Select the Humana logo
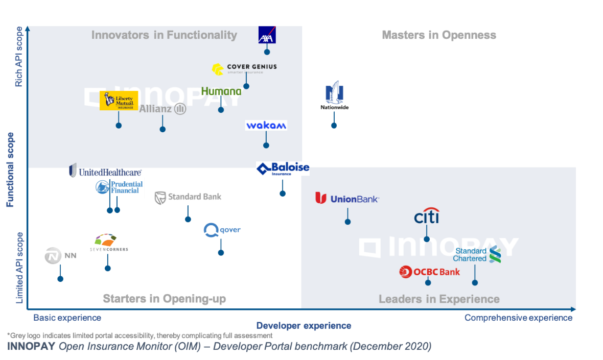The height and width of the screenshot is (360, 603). tap(221, 91)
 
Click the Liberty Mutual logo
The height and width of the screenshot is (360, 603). tap(119, 101)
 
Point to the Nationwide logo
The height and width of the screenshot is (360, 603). tap(334, 95)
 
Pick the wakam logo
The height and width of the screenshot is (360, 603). tap(266, 126)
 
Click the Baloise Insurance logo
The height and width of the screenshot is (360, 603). tap(283, 169)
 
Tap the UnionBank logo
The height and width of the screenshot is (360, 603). tap(347, 199)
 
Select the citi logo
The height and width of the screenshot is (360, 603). tap(427, 217)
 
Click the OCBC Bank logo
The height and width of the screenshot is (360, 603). tap(430, 272)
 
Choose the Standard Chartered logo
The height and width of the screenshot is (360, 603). tap(477, 254)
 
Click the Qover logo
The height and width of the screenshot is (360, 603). tap(222, 230)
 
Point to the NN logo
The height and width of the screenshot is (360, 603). tap(60, 255)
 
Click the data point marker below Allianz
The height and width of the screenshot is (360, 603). tap(163, 129)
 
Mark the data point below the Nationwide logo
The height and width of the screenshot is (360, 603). tap(334, 126)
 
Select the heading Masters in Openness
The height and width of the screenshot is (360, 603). tap(439, 35)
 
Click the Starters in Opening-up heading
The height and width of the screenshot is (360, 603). tap(164, 299)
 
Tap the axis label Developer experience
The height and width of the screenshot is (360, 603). tap(304, 326)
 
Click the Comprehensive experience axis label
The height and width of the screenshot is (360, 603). tap(518, 318)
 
